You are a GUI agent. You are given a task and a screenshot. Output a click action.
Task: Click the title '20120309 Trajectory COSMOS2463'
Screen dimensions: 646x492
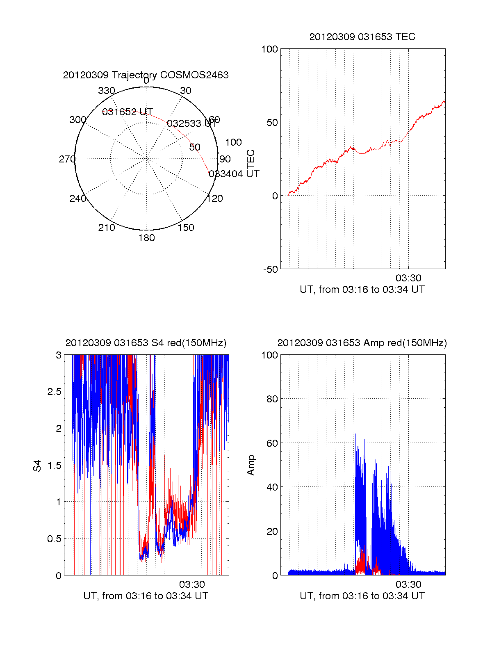(146, 75)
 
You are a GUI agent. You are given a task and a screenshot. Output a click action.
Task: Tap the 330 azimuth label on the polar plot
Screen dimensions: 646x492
(107, 91)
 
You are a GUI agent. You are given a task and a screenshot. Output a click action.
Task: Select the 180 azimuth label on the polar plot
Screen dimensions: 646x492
(146, 238)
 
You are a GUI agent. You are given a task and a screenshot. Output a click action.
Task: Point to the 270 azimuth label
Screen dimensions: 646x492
(67, 159)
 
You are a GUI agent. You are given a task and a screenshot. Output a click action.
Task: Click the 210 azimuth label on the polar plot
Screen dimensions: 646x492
(107, 228)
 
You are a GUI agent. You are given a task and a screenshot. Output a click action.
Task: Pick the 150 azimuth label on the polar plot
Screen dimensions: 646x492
(186, 228)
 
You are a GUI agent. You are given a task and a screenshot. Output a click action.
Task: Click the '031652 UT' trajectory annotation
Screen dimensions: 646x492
(128, 112)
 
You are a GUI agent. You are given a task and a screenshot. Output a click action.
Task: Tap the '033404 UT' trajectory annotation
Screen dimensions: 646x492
(234, 174)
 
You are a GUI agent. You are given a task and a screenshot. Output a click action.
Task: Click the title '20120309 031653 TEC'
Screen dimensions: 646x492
(362, 37)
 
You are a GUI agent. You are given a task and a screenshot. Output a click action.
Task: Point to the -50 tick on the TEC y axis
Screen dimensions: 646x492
(270, 269)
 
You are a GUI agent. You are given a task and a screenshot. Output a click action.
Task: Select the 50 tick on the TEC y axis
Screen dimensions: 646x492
(272, 123)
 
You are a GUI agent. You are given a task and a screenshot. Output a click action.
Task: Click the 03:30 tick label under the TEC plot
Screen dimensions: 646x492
(408, 278)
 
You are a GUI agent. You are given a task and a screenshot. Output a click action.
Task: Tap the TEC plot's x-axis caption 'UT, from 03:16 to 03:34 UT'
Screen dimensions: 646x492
(362, 290)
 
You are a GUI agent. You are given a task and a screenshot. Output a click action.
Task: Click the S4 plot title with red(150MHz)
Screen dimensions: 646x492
(146, 343)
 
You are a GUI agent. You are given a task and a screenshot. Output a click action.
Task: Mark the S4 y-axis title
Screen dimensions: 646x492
(37, 466)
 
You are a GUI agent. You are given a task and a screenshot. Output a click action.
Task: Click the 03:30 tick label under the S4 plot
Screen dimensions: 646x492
(192, 584)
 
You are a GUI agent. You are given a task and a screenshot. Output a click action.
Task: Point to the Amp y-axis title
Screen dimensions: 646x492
(251, 465)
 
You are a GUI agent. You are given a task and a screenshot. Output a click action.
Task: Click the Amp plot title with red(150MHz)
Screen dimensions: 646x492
(362, 343)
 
